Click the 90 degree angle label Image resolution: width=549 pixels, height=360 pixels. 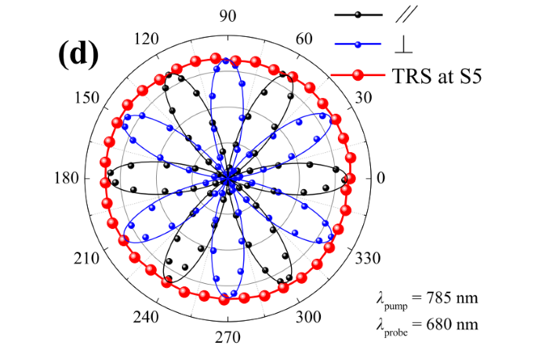[x=228, y=16]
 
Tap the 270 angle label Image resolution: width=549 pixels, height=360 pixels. [x=227, y=337]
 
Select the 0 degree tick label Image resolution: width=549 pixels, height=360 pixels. [x=380, y=178]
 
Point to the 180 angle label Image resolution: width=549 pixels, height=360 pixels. [x=67, y=178]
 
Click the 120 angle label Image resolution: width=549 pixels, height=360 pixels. [x=147, y=38]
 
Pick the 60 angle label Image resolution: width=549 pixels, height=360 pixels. [x=304, y=38]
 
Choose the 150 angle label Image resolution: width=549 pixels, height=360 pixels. [x=87, y=97]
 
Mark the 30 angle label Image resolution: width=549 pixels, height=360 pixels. [x=363, y=97]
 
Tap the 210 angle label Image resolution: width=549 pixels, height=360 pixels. [x=86, y=259]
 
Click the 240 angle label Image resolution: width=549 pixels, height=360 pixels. [x=146, y=318]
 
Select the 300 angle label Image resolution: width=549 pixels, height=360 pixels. [x=308, y=318]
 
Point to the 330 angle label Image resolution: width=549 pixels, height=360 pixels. [x=368, y=259]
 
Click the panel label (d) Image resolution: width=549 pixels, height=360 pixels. [x=78, y=53]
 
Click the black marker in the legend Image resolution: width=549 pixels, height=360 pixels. [x=358, y=15]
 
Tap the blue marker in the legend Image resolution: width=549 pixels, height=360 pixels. [x=358, y=45]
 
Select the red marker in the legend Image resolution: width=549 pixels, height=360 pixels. [x=358, y=75]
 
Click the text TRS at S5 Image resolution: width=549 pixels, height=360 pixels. [x=437, y=75]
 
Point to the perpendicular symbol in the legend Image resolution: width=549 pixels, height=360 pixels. [x=403, y=45]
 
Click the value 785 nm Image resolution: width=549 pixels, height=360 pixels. [x=452, y=298]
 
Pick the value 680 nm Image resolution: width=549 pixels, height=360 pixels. [x=452, y=324]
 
